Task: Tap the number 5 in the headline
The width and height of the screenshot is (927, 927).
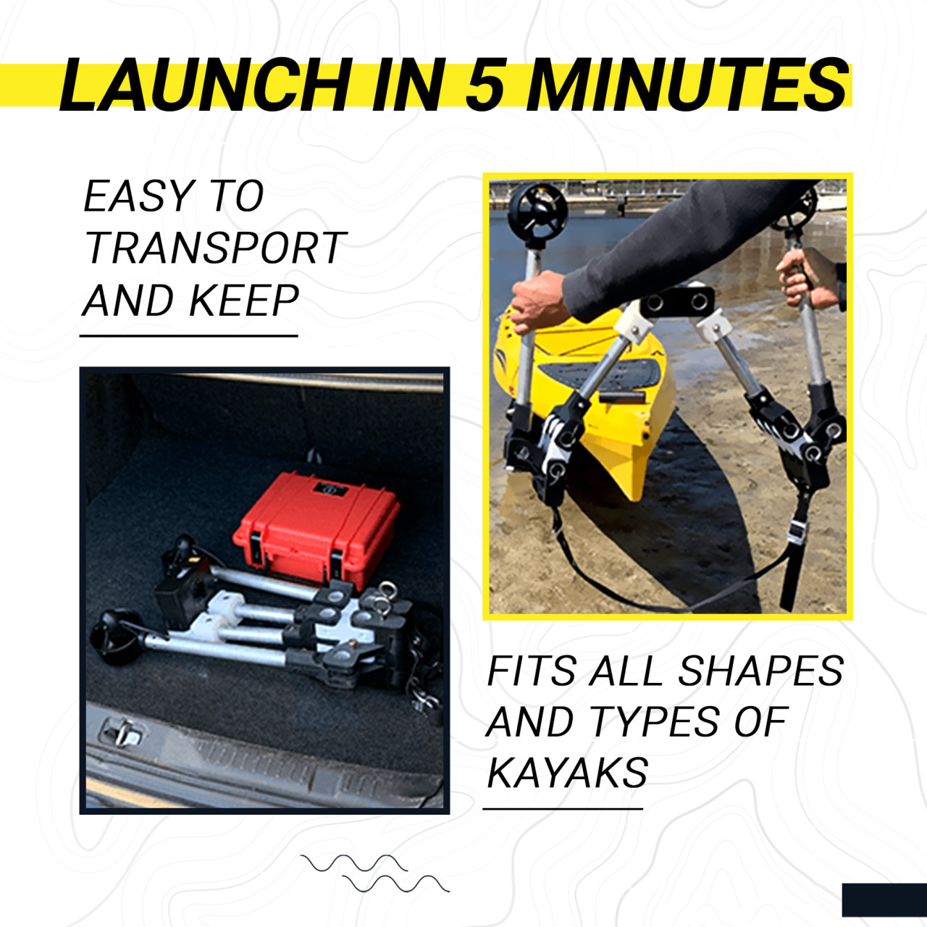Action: point(488,85)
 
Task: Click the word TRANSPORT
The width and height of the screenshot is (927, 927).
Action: point(214,248)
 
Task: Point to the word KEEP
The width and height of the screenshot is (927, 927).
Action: point(244,300)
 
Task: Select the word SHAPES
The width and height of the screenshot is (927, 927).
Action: point(761,671)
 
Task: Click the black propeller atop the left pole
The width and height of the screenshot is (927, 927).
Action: point(537,210)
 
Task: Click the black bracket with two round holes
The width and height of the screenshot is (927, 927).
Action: point(677,301)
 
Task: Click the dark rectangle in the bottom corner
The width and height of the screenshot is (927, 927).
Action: point(884,899)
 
